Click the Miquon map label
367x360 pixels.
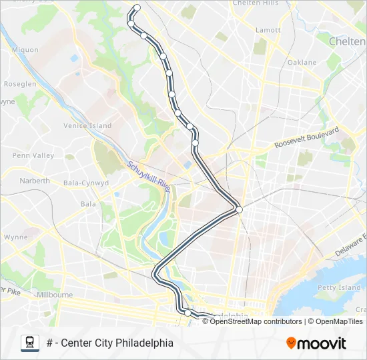(25, 49)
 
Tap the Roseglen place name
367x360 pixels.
(20, 85)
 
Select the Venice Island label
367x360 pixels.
(87, 125)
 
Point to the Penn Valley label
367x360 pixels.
(33, 155)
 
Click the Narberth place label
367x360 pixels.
(35, 181)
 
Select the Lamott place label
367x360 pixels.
(268, 30)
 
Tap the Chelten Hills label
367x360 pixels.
(256, 3)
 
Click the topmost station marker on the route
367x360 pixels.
(137, 8)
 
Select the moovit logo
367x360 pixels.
(316, 343)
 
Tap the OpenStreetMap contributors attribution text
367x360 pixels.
(256, 321)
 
